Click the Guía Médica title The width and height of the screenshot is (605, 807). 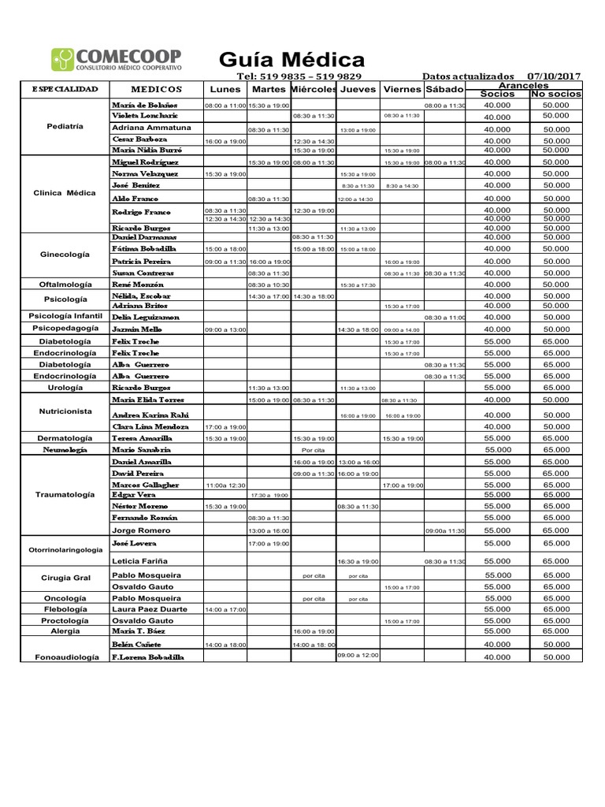point(291,60)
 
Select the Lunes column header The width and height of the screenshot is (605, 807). point(225,89)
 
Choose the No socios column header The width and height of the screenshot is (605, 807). point(556,94)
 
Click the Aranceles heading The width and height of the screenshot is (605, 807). point(524,85)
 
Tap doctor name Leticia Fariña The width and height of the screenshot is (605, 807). point(141,561)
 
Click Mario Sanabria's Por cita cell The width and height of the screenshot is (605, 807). point(313,450)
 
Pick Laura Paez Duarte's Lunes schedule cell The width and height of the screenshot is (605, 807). point(225,609)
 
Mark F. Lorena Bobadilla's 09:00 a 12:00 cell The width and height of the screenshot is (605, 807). point(358,655)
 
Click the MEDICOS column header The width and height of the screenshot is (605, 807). point(156,89)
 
